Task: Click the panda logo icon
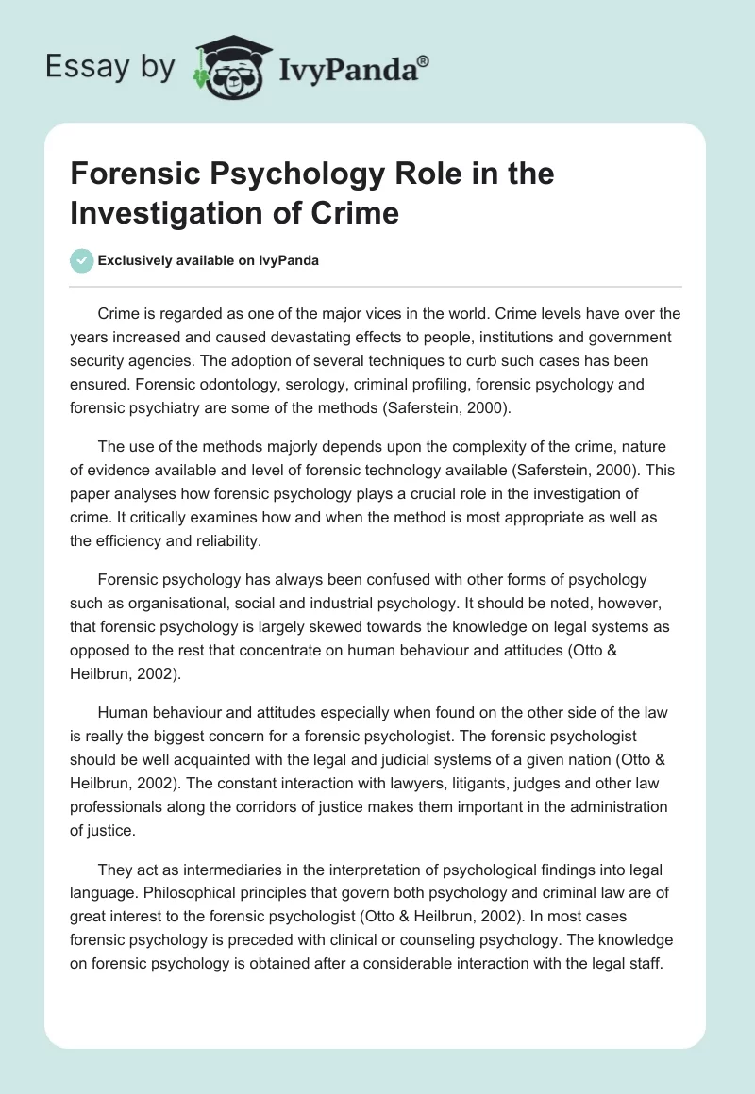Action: click(x=226, y=69)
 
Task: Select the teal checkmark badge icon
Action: click(x=82, y=260)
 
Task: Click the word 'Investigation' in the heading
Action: click(x=145, y=212)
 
